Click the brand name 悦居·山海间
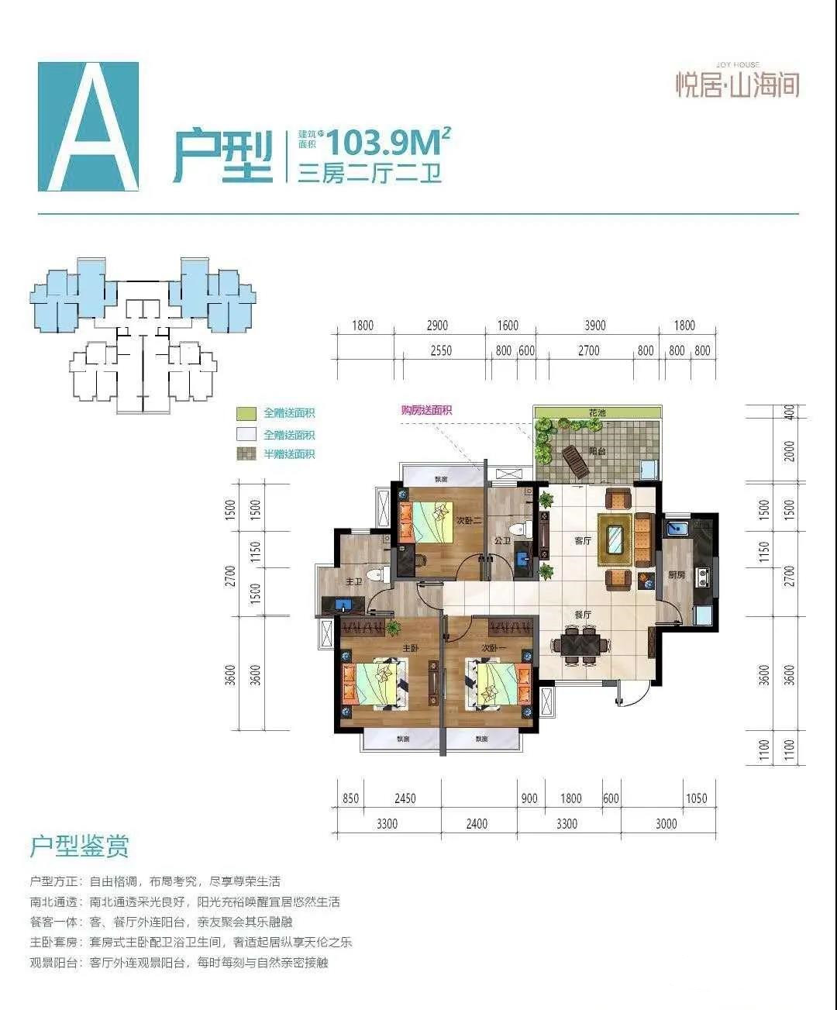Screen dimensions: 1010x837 click(737, 84)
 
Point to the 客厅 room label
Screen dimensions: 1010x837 click(583, 541)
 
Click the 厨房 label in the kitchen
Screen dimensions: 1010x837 click(676, 574)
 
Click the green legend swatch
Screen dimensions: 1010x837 click(246, 413)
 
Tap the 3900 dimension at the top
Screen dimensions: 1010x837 click(594, 326)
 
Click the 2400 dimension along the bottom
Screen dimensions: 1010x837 click(477, 823)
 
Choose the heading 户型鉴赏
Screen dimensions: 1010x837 click(79, 846)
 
